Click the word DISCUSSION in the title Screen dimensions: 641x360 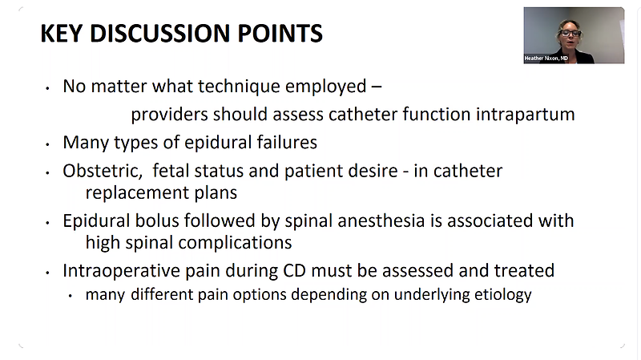(159, 33)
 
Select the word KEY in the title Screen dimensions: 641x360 (62, 33)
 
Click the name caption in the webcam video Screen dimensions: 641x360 (546, 59)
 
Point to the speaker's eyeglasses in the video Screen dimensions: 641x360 (570, 34)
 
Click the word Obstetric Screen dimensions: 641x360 (103, 171)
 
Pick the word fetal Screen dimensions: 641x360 (171, 171)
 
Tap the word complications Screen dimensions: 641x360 (235, 243)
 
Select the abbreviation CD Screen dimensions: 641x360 (294, 271)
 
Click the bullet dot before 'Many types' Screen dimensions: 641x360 (48, 144)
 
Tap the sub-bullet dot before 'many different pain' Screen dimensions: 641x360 (71, 295)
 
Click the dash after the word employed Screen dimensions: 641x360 (377, 87)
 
